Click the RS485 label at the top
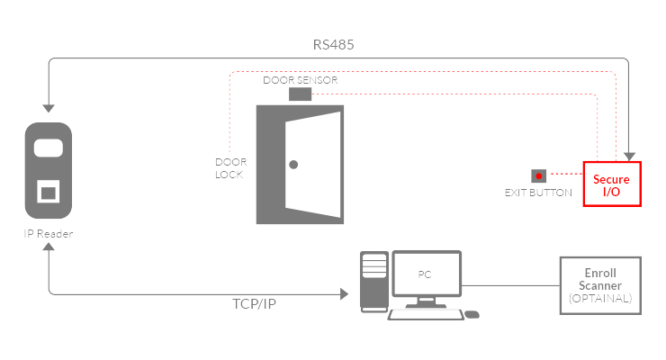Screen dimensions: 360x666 click(332, 44)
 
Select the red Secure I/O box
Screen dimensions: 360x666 click(612, 184)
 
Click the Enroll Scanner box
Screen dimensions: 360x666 click(600, 284)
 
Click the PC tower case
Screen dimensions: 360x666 click(373, 281)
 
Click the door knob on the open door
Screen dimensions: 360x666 click(293, 164)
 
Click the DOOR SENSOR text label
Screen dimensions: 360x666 click(301, 80)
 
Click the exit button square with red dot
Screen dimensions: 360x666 click(539, 175)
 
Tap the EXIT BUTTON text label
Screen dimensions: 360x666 click(538, 193)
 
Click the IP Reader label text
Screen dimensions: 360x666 click(49, 234)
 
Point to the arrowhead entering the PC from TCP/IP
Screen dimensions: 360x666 click(346, 293)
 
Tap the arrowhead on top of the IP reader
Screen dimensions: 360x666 click(49, 106)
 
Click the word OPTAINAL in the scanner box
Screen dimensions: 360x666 click(600, 297)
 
